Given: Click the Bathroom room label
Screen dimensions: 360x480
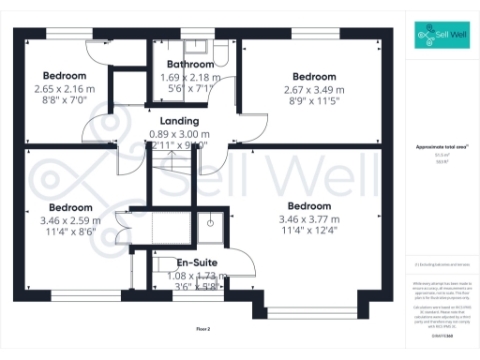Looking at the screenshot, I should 185,65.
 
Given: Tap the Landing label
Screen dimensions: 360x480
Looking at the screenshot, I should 178,121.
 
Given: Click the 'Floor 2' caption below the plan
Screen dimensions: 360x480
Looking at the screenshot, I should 203,329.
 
